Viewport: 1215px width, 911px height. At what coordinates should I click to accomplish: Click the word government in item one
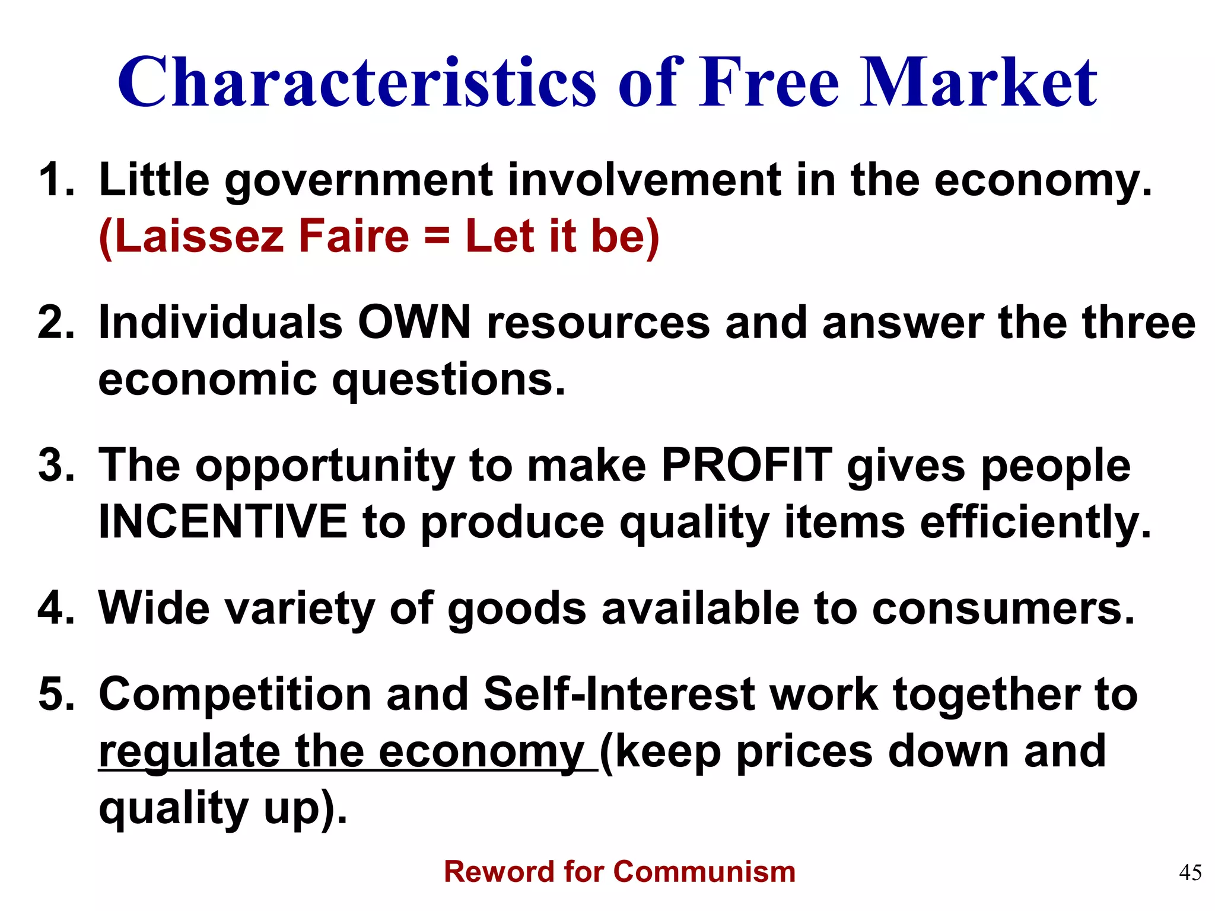(x=358, y=180)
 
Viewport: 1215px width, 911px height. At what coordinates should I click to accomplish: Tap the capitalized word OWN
(x=414, y=323)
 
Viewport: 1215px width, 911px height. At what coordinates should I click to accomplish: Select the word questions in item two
(x=449, y=380)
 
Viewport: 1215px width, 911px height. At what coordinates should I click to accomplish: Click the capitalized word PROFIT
(x=746, y=466)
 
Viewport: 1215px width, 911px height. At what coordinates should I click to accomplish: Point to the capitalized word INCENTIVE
(x=222, y=521)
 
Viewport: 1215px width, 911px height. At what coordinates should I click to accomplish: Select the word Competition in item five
(x=235, y=695)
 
